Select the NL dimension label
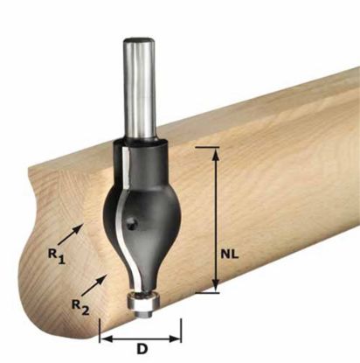230,252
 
